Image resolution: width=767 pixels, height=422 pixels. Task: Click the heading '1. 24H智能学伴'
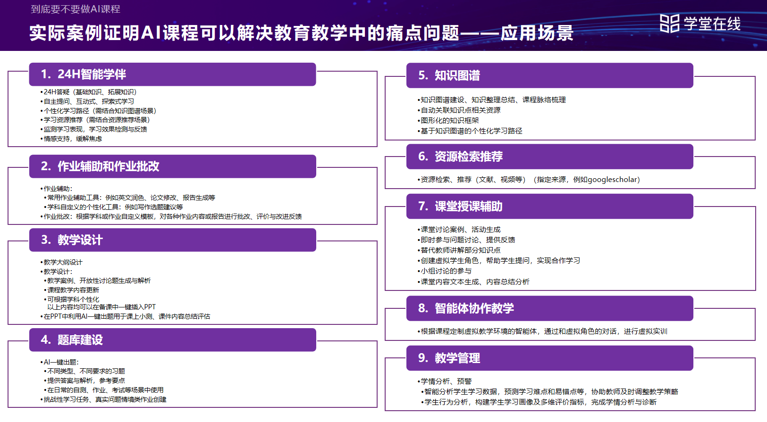[x=84, y=74]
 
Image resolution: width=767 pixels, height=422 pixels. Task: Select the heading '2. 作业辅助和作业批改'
[x=100, y=166]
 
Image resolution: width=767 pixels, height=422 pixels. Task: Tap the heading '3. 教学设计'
[x=72, y=240]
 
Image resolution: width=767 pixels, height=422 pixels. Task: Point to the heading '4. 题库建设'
[x=72, y=340]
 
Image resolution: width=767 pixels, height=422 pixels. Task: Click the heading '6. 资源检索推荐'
[x=460, y=157]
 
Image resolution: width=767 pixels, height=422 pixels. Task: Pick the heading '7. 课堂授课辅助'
[x=460, y=207]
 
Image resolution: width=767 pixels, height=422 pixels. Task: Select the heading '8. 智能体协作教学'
[x=466, y=308]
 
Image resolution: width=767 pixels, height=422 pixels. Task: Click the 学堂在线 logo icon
[x=669, y=24]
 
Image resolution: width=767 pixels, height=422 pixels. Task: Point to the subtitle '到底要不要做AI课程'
[x=76, y=9]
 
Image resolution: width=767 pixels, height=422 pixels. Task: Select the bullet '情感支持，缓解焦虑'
[x=73, y=139]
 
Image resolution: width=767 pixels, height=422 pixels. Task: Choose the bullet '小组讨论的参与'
[x=446, y=271]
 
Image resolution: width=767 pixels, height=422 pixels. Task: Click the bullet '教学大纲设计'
[x=63, y=262]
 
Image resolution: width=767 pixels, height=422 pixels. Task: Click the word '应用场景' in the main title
[x=537, y=33]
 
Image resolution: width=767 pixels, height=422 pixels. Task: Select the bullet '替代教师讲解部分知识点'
[x=461, y=250]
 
